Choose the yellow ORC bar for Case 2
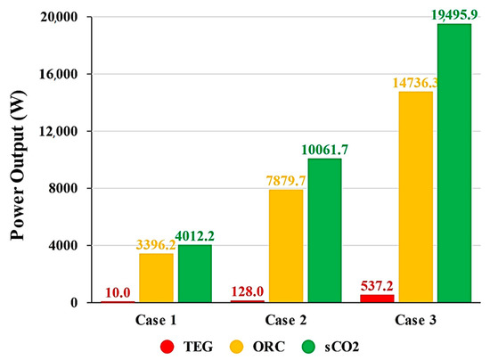pyautogui.click(x=286, y=246)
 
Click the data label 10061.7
pyautogui.click(x=324, y=149)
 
